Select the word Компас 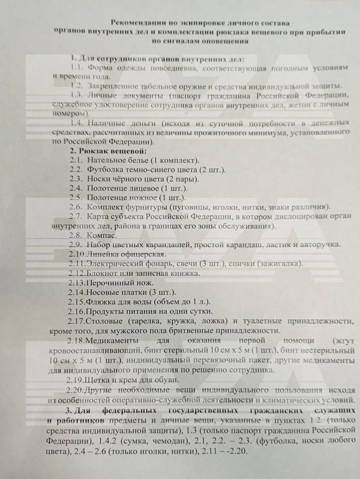(x=102, y=236)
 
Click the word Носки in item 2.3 (x=98, y=179)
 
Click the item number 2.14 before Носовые (x=77, y=292)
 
